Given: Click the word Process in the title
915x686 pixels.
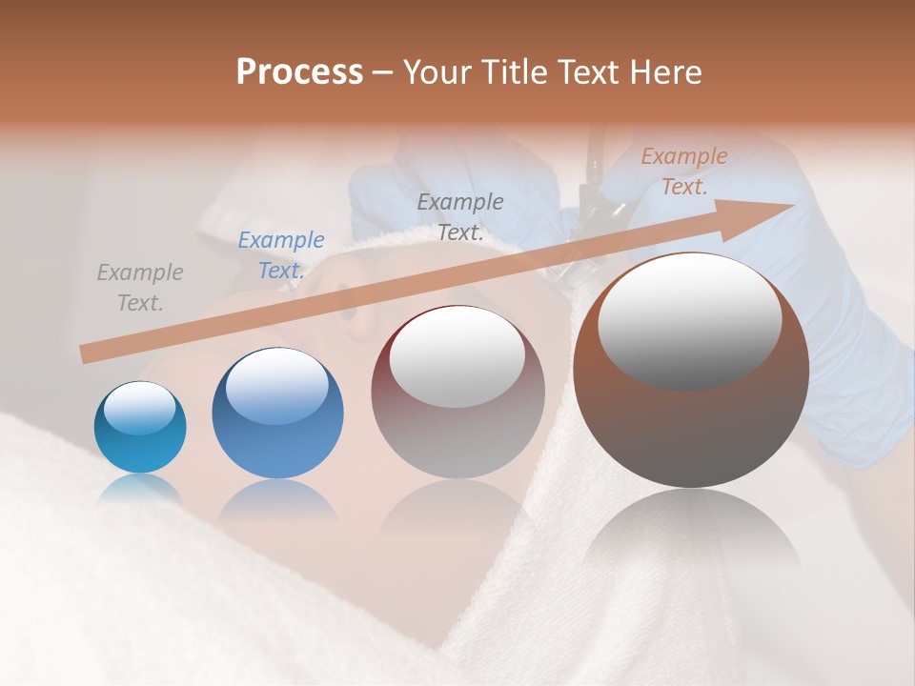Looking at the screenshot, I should point(299,72).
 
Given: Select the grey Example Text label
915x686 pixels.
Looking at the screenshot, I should point(140,288).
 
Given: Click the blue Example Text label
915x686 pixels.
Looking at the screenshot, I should point(280,255).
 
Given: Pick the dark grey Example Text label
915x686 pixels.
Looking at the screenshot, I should point(460,216).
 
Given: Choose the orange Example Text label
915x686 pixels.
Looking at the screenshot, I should point(683,171).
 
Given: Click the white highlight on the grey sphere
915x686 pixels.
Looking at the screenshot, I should point(457,357).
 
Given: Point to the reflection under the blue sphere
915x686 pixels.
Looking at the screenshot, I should point(277,500).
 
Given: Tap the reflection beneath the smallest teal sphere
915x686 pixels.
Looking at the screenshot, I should point(140,488).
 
